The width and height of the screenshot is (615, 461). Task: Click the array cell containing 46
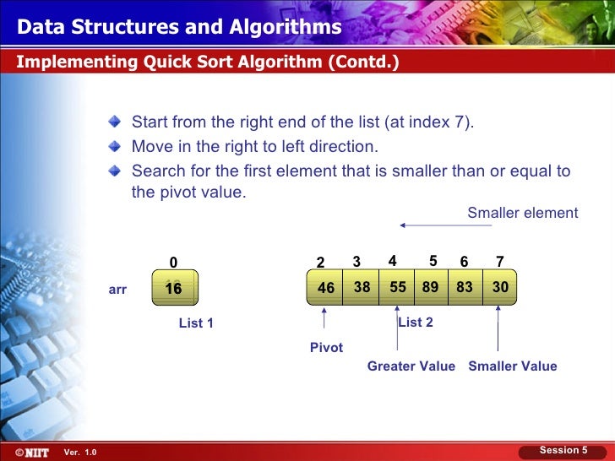click(x=326, y=288)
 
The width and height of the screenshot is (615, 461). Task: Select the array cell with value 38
click(x=362, y=287)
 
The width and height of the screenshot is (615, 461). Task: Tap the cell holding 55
click(x=398, y=287)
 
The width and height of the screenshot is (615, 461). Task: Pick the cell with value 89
click(x=431, y=287)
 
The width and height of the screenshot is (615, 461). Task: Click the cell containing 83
click(x=465, y=287)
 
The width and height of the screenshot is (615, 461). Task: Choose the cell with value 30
click(x=500, y=287)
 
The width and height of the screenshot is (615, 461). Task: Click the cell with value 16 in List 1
click(x=174, y=288)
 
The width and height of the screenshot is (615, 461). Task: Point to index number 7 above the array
click(x=500, y=262)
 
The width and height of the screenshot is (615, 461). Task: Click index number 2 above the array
click(x=320, y=263)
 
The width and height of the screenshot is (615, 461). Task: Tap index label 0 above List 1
click(x=173, y=263)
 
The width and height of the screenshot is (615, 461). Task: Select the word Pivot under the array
click(x=327, y=348)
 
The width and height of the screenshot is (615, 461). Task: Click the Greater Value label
click(x=411, y=366)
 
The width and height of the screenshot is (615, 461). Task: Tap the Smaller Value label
click(x=513, y=366)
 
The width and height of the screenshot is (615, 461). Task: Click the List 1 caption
click(x=196, y=323)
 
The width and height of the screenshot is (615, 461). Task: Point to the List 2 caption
click(x=416, y=323)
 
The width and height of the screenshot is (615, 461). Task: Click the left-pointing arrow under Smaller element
click(x=439, y=225)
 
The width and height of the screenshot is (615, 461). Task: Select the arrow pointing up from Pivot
click(x=326, y=321)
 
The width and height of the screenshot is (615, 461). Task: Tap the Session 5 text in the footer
click(x=563, y=451)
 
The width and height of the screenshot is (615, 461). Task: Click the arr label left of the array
click(x=118, y=289)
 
